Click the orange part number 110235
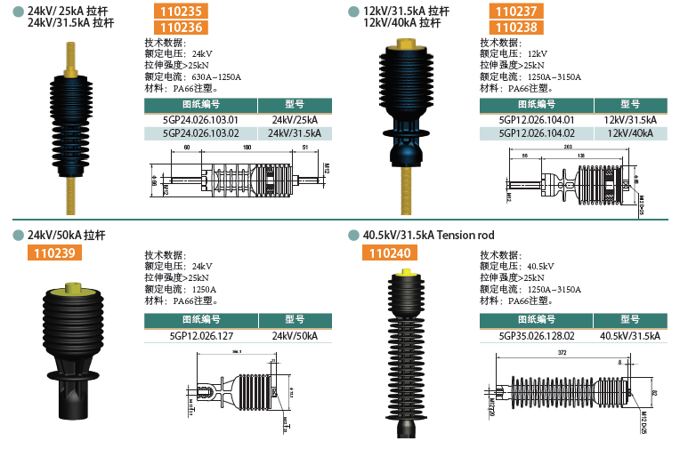(x=182, y=12)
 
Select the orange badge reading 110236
(x=182, y=28)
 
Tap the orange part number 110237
(x=517, y=12)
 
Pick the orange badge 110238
(x=517, y=28)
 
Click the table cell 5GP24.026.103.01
(x=201, y=119)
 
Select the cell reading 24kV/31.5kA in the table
(x=295, y=133)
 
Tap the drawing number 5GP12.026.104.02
(x=536, y=133)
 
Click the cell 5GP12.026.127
(x=201, y=336)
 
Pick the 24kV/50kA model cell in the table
(x=295, y=336)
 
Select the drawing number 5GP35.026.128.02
(x=536, y=336)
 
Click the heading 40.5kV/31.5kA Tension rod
(x=429, y=236)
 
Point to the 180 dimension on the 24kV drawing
(x=246, y=148)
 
